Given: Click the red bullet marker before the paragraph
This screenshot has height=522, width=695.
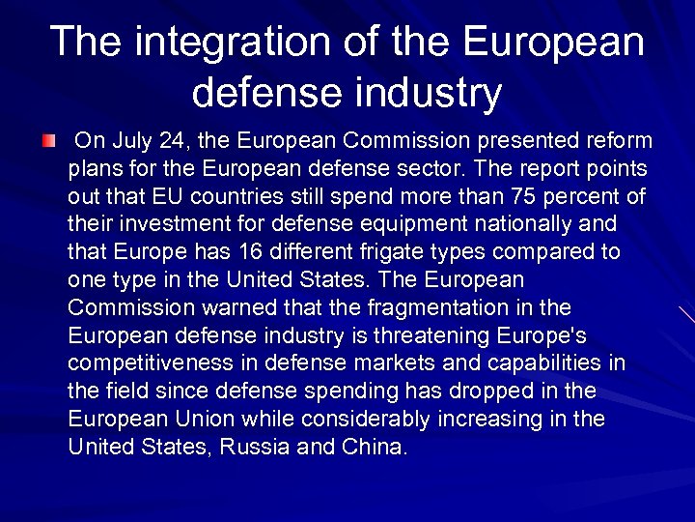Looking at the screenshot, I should pyautogui.click(x=48, y=142).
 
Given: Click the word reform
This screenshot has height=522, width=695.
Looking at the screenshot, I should pyautogui.click(x=620, y=141).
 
